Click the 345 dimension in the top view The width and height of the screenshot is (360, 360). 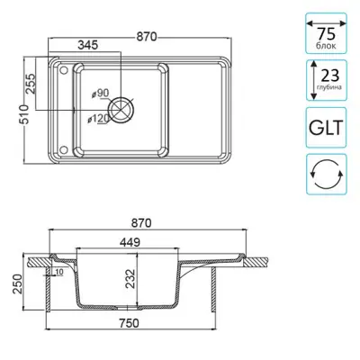[x=88, y=45]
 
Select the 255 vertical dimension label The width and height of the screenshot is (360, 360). [x=31, y=84]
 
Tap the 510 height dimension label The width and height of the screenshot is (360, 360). [x=23, y=114]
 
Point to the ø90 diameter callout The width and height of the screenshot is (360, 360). [x=100, y=94]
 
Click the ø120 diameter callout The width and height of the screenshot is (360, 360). [x=98, y=119]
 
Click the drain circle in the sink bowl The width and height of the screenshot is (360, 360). [x=121, y=109]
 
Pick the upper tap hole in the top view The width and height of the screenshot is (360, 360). [x=64, y=70]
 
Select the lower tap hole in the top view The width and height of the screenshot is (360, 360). [x=64, y=149]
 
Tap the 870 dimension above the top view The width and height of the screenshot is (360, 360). [x=147, y=37]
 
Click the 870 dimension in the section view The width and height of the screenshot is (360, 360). [x=142, y=223]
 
